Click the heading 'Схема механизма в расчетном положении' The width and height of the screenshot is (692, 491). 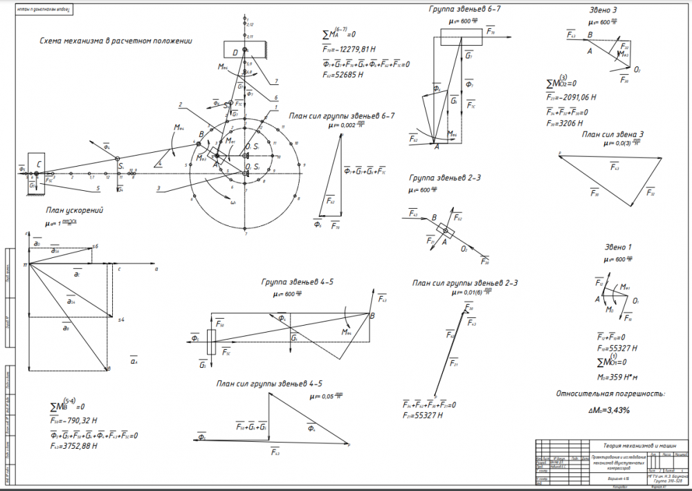[x=116, y=41]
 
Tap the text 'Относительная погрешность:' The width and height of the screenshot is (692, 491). [x=610, y=393]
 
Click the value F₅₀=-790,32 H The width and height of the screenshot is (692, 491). [x=73, y=420]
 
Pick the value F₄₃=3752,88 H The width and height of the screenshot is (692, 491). [x=73, y=446]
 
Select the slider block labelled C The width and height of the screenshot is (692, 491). [x=36, y=165]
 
